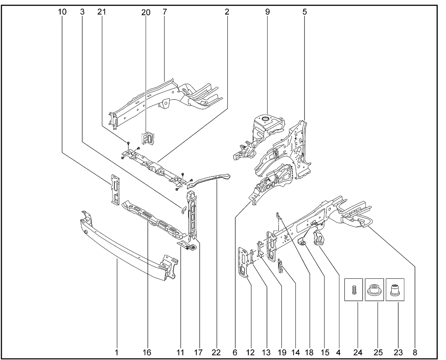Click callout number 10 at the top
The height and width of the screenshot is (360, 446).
[x=62, y=12]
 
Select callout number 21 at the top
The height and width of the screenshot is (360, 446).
[x=101, y=12]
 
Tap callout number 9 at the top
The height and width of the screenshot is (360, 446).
[x=267, y=12]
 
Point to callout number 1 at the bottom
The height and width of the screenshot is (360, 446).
[x=117, y=353]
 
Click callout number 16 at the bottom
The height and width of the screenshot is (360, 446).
[x=147, y=353]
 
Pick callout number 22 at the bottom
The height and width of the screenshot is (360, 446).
[x=216, y=353]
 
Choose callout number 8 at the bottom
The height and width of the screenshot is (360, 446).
[x=414, y=353]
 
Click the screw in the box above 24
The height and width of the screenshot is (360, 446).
[x=353, y=290]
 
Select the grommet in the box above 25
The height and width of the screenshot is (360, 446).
[x=374, y=289]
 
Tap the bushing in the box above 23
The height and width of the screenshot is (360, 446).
[x=394, y=289]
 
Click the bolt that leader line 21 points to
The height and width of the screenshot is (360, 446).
[x=129, y=143]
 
